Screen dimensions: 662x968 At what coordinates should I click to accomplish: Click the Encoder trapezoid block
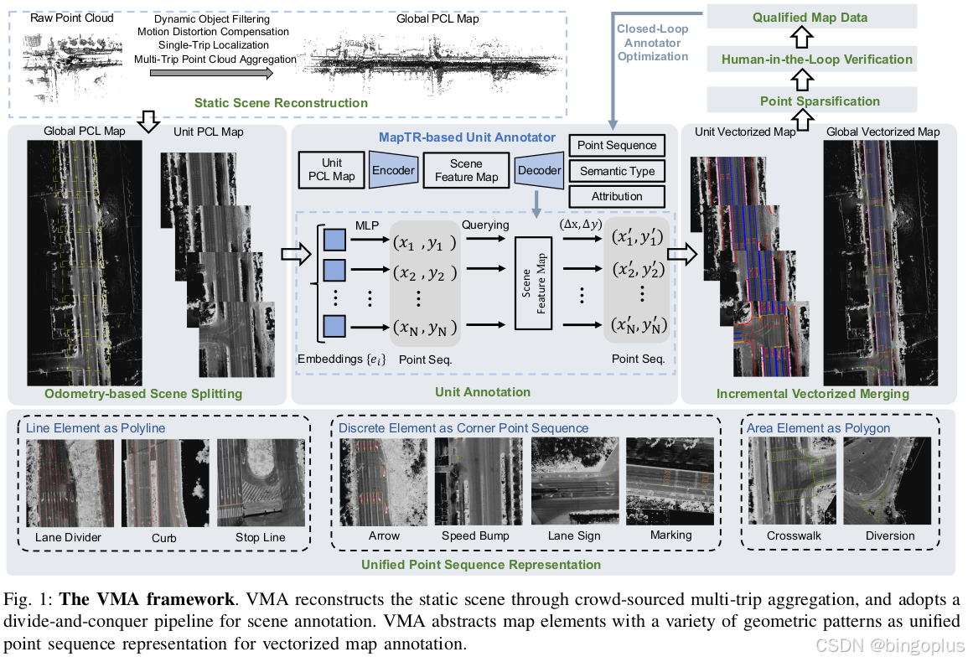click(392, 171)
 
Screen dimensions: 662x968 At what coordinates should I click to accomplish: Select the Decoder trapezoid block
click(538, 171)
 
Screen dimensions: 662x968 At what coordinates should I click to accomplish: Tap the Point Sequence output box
click(617, 145)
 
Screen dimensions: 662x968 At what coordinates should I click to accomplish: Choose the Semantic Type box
click(617, 171)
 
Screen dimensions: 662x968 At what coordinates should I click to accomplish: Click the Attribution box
click(617, 196)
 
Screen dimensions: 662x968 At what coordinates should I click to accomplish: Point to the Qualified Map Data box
click(810, 17)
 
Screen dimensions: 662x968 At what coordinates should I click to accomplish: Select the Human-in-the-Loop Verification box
click(810, 59)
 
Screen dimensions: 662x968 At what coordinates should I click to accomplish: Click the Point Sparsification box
click(810, 101)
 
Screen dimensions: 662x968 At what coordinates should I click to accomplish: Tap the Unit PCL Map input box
click(332, 171)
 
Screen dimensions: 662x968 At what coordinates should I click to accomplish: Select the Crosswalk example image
click(793, 481)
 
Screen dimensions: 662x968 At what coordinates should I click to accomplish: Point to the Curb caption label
click(163, 537)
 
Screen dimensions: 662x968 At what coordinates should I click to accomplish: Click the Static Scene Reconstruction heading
click(281, 103)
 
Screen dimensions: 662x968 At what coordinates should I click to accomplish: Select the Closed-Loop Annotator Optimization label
click(652, 42)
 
